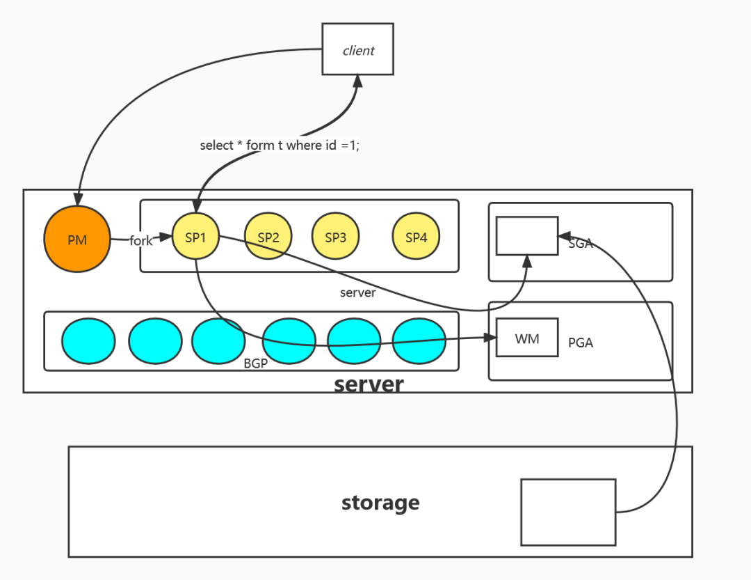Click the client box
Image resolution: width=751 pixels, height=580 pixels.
coord(358,49)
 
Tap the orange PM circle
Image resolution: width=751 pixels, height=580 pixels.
coord(77,240)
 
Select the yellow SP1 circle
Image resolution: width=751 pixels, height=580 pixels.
coord(196,237)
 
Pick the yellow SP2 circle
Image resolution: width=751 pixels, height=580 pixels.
coord(268,237)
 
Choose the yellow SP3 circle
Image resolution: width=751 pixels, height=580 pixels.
coord(335,237)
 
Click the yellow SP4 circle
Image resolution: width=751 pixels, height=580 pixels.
coord(416,237)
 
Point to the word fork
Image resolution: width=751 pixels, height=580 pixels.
coord(140,241)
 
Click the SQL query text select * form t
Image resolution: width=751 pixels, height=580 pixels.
coord(280,146)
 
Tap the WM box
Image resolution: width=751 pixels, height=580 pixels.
coord(526,338)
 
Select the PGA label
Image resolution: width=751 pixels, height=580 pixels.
coord(581,343)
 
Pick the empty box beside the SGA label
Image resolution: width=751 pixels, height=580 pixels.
coord(526,235)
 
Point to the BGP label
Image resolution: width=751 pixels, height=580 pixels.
coord(256,363)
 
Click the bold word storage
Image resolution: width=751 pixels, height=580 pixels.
coord(380,502)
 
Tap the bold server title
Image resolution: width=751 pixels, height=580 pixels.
coord(369,384)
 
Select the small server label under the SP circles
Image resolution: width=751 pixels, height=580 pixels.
coord(357,292)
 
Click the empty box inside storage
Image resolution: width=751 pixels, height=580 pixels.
coord(568,512)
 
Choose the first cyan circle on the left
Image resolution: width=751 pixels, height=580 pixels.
coord(88,340)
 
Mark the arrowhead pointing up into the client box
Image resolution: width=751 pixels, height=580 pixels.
coord(357,81)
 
